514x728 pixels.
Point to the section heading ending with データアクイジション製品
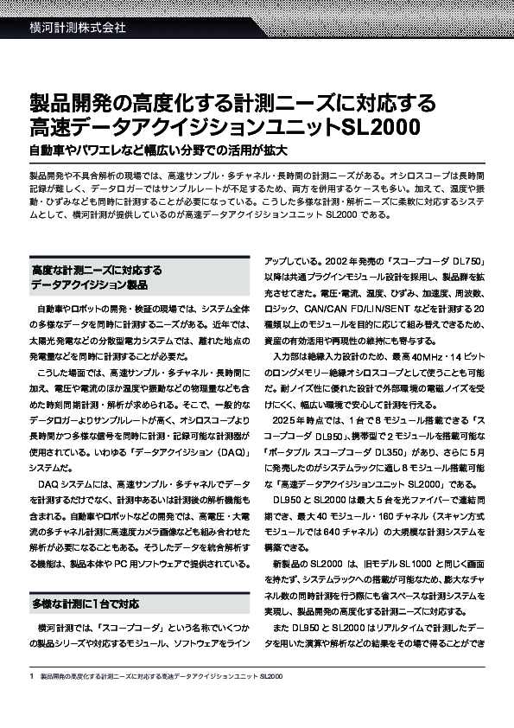tap(89, 284)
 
